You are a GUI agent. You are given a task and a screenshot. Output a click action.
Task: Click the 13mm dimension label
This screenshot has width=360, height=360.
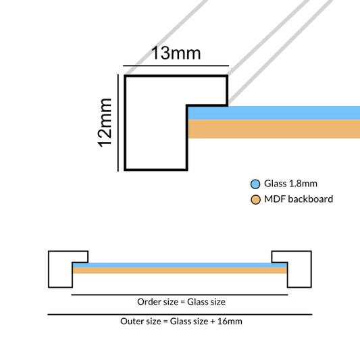click(x=176, y=53)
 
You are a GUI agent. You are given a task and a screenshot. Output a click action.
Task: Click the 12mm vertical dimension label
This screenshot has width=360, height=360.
click(x=105, y=123)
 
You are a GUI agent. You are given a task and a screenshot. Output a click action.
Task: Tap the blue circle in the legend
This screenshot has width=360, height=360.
click(x=255, y=184)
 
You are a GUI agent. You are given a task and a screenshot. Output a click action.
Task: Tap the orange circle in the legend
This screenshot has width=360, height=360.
click(x=255, y=199)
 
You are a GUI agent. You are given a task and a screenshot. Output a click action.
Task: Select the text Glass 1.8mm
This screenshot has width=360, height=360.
click(x=290, y=184)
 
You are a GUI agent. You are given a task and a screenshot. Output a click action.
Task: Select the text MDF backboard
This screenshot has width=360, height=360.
click(x=299, y=199)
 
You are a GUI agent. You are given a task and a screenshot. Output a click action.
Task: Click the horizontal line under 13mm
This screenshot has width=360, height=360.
click(x=176, y=66)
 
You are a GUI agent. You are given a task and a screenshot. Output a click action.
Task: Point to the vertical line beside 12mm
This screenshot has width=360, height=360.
click(x=118, y=123)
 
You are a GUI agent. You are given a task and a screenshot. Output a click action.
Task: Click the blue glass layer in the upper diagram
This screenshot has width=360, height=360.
click(x=274, y=113)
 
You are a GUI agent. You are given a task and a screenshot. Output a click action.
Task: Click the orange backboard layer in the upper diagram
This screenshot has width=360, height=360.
click(x=274, y=129)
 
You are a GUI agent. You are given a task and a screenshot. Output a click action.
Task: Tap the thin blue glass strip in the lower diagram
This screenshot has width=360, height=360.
click(x=180, y=265)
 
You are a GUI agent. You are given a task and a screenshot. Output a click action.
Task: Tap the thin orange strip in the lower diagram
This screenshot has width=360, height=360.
click(x=180, y=270)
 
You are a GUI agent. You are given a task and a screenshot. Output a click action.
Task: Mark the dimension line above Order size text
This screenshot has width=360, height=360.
click(x=180, y=294)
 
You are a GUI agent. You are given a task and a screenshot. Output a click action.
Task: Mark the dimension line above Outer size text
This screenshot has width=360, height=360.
click(x=180, y=314)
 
